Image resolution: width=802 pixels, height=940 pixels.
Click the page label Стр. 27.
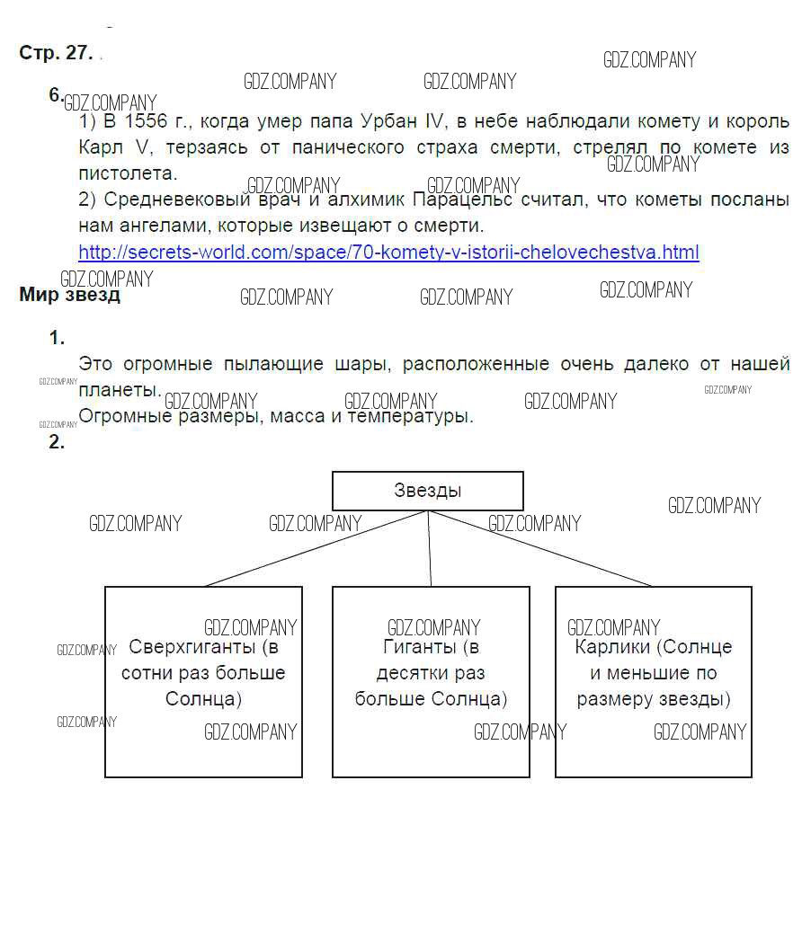coord(55,53)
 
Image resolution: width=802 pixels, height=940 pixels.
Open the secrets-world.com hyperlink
coord(388,252)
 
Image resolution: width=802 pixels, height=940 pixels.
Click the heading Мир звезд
coord(69,295)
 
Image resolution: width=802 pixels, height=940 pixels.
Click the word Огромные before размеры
coord(123,416)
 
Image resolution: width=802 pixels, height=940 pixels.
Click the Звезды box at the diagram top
coord(427,491)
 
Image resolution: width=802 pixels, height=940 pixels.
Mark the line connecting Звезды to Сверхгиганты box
coord(315,548)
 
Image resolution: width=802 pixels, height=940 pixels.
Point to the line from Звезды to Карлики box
coord(539,548)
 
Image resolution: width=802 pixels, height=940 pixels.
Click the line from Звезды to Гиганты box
coord(430,548)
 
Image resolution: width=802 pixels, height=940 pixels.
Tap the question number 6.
coord(56,95)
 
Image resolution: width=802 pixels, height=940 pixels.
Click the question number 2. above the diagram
coord(57,442)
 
